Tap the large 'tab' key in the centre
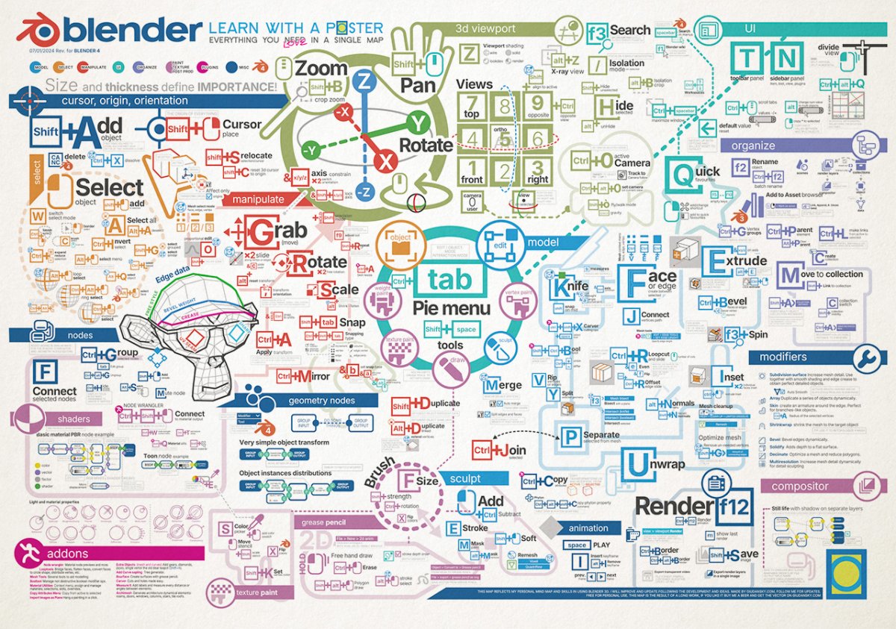pos(450,279)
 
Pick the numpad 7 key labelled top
pos(471,105)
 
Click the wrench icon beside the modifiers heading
pos(866,358)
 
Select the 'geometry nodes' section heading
pos(321,401)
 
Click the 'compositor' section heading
pos(800,486)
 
